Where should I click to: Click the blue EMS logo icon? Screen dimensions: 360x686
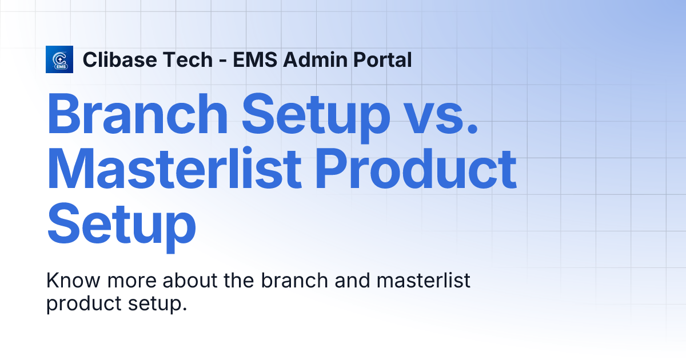click(x=59, y=59)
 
